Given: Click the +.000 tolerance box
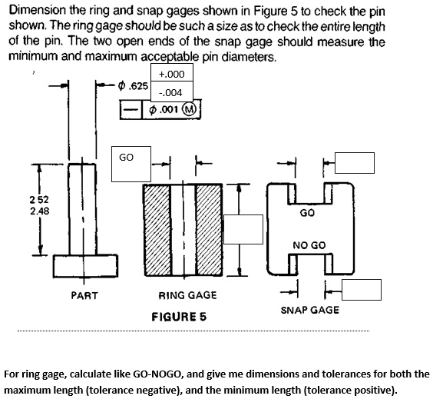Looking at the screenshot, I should pos(175,74).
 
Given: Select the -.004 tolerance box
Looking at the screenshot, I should pos(175,93).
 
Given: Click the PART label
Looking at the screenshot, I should pos(84,295).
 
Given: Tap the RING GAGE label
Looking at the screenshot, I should pos(187,295).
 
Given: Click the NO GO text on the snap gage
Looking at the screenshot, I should pos(309,245).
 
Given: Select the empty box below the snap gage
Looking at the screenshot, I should pos(362,290).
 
